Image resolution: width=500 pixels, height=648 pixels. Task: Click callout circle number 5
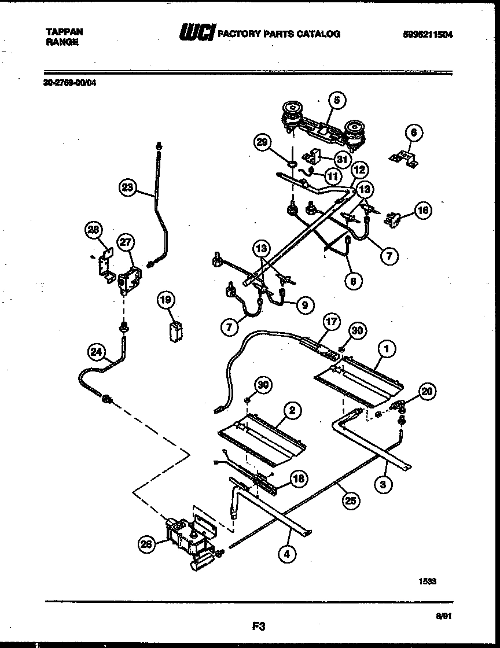(x=337, y=100)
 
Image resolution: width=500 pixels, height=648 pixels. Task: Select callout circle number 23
(x=127, y=186)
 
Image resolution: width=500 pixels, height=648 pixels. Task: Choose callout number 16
(x=423, y=210)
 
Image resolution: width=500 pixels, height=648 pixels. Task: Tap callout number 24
(x=97, y=351)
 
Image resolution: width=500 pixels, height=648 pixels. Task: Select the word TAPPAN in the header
(x=60, y=33)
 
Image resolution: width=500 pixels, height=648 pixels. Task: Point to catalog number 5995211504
(x=427, y=34)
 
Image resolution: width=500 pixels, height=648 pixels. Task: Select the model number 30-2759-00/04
(x=70, y=83)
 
